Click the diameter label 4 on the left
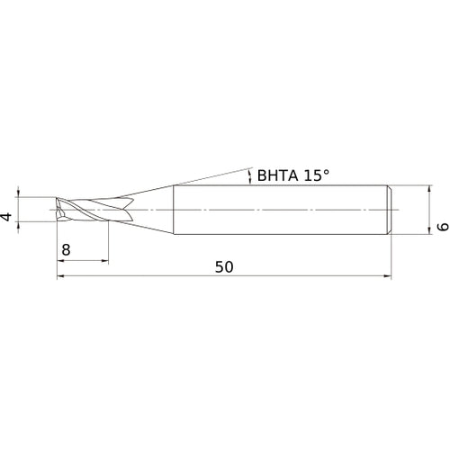tap(7, 217)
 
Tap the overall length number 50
tap(224, 266)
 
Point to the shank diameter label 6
tap(441, 229)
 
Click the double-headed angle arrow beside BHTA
tap(249, 176)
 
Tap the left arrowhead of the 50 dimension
tap(61, 276)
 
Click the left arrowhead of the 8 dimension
tap(61, 260)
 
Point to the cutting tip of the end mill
tap(58, 210)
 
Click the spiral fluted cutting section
tap(85, 210)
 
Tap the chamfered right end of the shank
tap(391, 210)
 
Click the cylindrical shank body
tap(279, 210)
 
